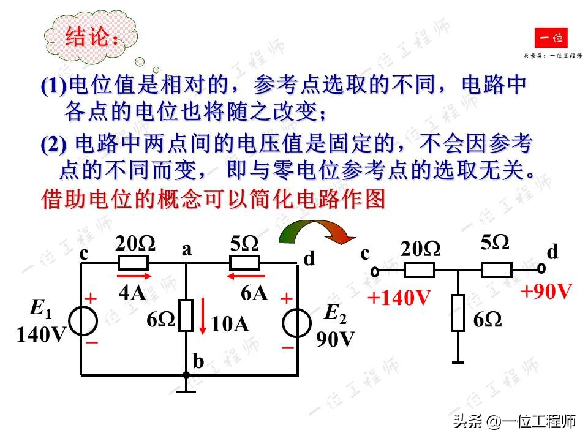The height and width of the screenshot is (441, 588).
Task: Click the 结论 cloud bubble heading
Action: (92, 38)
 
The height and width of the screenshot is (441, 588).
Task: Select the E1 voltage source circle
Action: (81, 320)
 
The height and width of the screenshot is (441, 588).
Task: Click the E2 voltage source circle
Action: (297, 322)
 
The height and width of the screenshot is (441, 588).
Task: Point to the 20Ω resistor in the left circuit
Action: (133, 263)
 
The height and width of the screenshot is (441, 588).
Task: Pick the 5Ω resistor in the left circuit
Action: (244, 263)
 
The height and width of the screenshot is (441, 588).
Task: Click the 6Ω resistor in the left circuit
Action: (186, 315)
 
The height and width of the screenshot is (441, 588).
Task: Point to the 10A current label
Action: (230, 325)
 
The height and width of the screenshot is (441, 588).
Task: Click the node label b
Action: (198, 362)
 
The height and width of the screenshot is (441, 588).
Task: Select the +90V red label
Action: (546, 291)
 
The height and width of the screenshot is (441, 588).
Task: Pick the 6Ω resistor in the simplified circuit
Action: (458, 313)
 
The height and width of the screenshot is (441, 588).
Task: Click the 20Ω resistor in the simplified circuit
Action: (420, 269)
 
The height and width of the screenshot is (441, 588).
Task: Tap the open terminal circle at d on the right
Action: (541, 268)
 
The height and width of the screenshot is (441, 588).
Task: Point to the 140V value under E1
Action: (40, 335)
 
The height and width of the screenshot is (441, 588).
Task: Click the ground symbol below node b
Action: (186, 386)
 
